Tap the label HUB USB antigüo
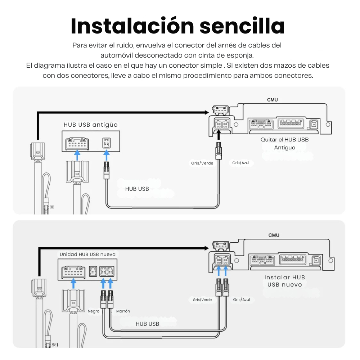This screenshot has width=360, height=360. pos(90,125)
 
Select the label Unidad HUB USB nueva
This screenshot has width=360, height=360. pos(87,255)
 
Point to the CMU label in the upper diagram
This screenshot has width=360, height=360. pos(272,100)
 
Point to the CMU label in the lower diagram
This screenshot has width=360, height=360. pos(274,235)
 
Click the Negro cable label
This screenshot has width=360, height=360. pos(94,311)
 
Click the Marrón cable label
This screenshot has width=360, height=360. pos(123,311)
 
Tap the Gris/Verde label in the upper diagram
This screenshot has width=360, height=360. pos(202,163)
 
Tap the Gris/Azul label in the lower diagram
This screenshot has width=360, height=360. pos(242,300)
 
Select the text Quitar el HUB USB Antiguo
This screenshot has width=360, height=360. pos(284,144)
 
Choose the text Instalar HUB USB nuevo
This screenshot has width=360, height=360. pos(285,281)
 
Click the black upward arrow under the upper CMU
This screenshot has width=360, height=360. pos(219,135)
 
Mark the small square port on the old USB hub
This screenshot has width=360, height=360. pos(106,143)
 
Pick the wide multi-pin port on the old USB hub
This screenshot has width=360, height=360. pos(77,144)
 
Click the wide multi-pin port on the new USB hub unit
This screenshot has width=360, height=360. pos(73,272)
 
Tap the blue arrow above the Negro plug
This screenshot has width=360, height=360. pos(103,284)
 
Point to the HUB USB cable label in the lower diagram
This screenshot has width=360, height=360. pos(147,324)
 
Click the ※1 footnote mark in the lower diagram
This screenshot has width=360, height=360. pos(55,345)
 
